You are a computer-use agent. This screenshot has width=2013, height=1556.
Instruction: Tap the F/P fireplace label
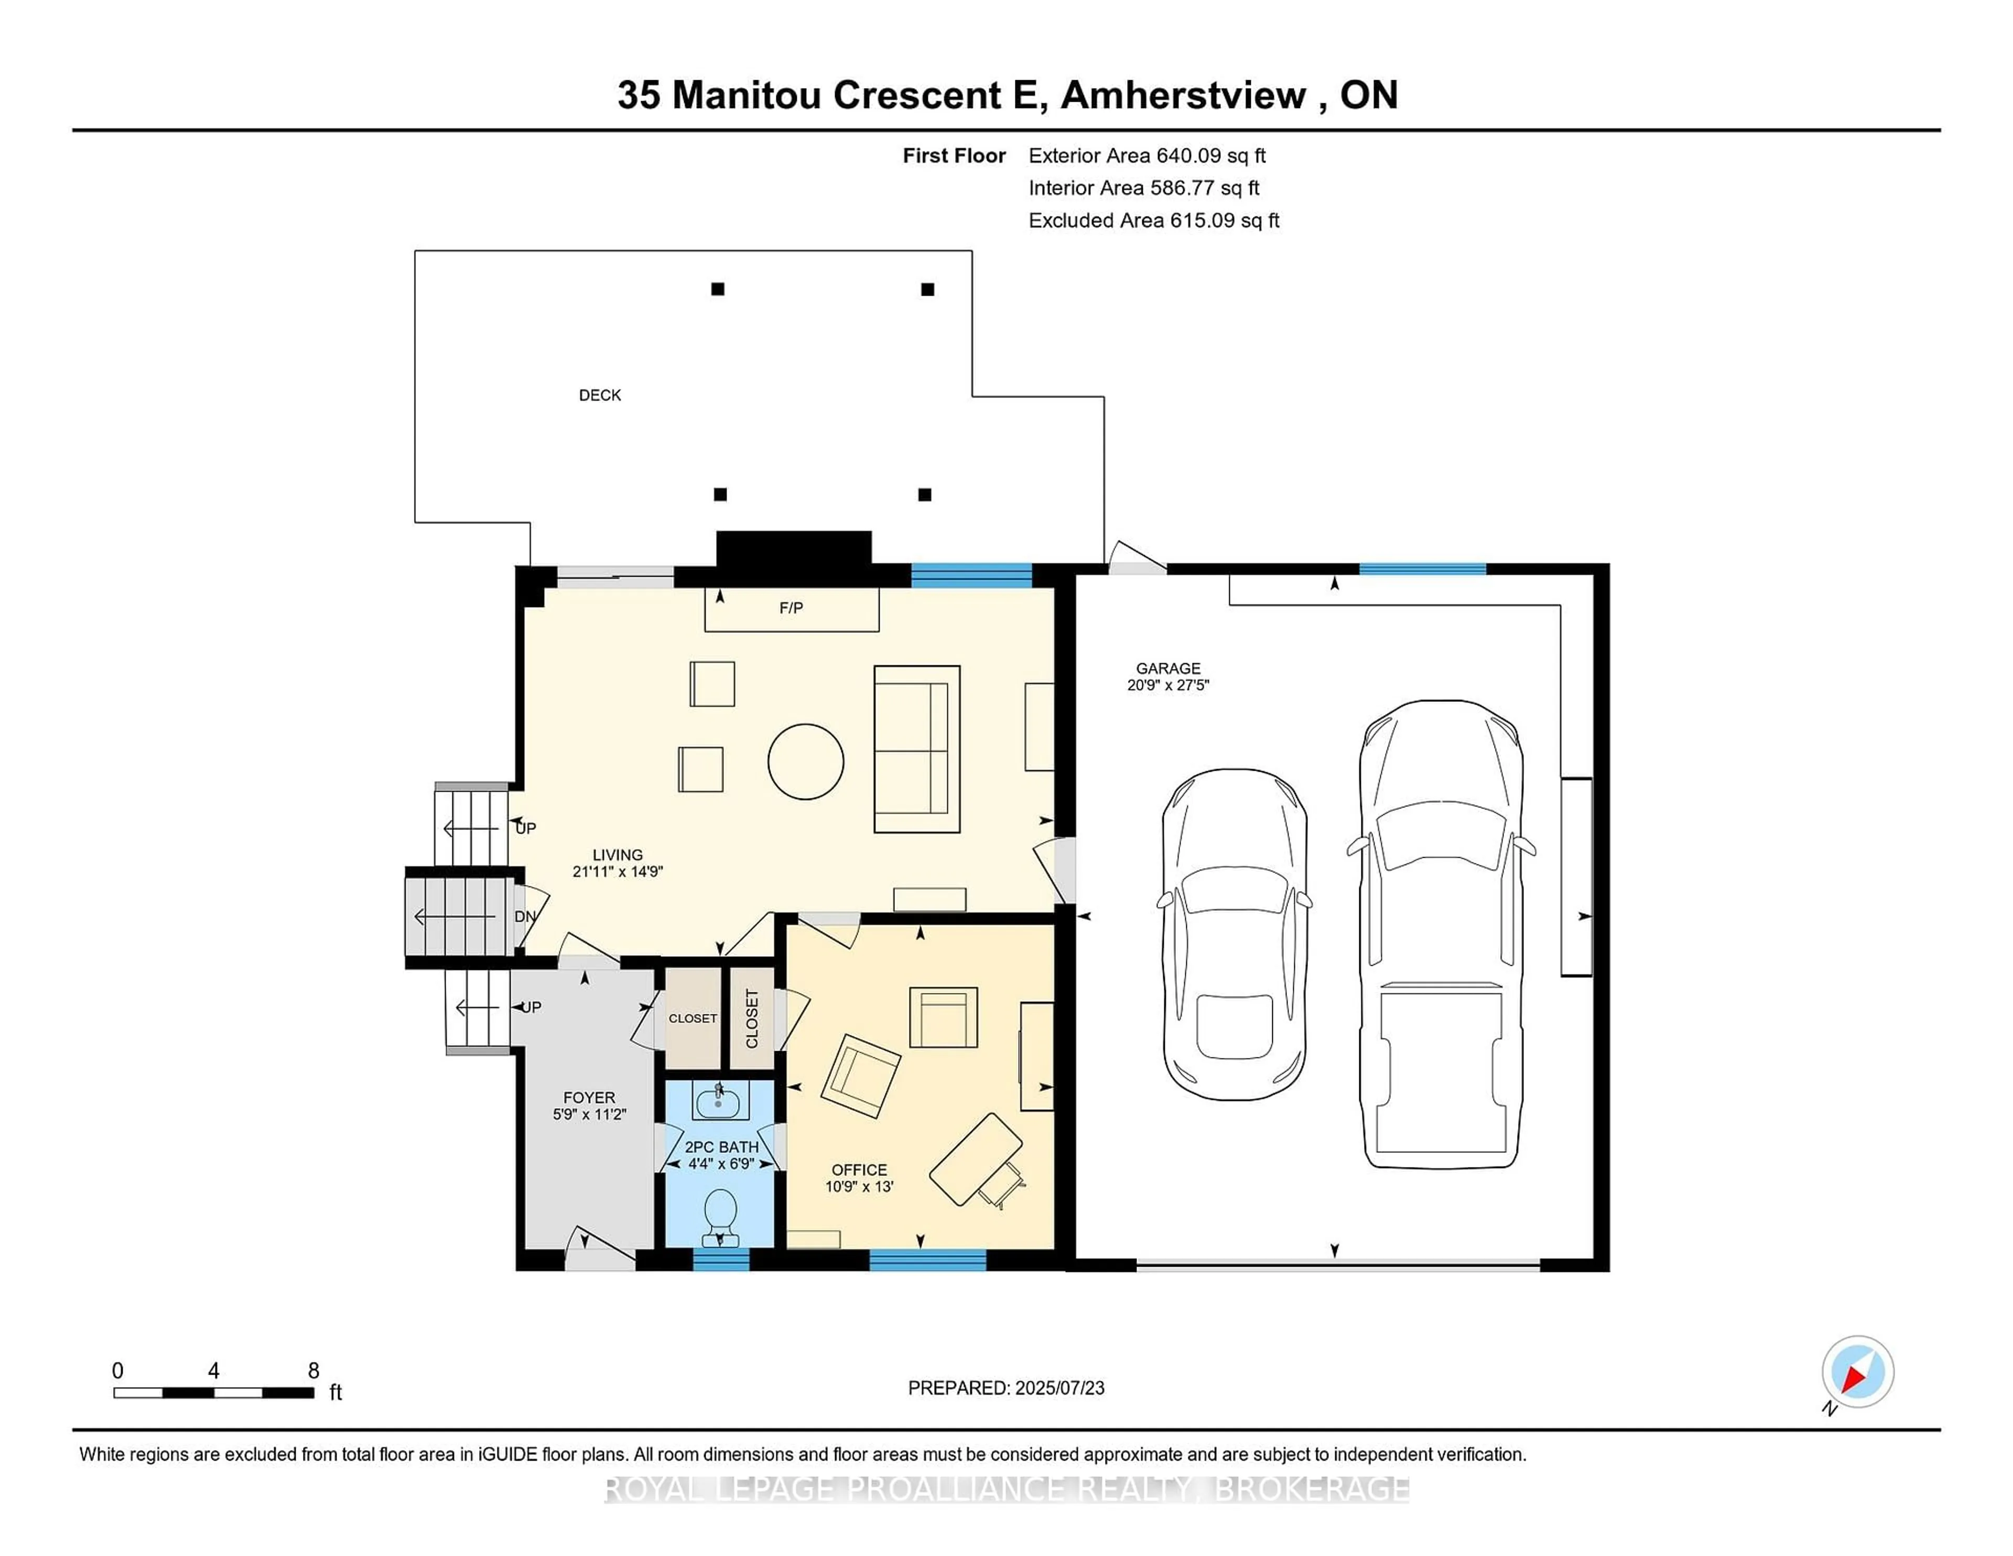(x=791, y=608)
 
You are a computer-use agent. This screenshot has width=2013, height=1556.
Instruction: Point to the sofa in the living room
(x=916, y=749)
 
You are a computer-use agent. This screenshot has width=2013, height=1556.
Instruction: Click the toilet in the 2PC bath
(x=720, y=1213)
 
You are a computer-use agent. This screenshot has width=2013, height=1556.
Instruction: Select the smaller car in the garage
(x=1234, y=934)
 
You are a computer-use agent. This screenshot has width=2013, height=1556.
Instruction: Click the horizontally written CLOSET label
(x=692, y=1019)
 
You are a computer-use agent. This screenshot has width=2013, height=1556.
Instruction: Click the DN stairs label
(x=524, y=916)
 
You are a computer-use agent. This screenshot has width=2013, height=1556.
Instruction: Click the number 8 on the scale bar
(x=313, y=1371)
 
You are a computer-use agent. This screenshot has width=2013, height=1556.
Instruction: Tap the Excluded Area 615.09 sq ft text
(x=1153, y=220)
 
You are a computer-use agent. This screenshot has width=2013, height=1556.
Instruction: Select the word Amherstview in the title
(x=1184, y=95)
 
